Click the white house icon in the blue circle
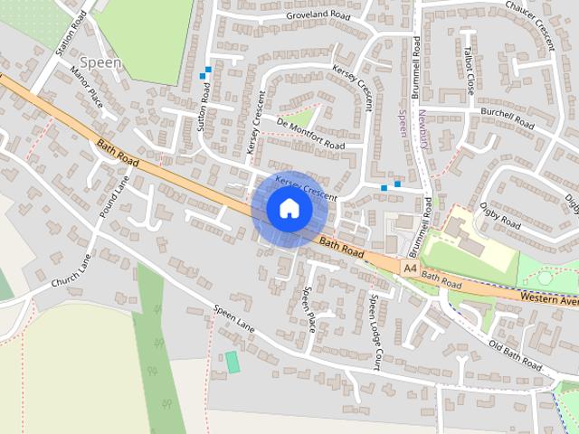289,209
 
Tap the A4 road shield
411,269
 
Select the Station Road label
71,34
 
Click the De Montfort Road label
310,134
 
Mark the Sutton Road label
204,105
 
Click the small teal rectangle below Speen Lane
233,363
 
